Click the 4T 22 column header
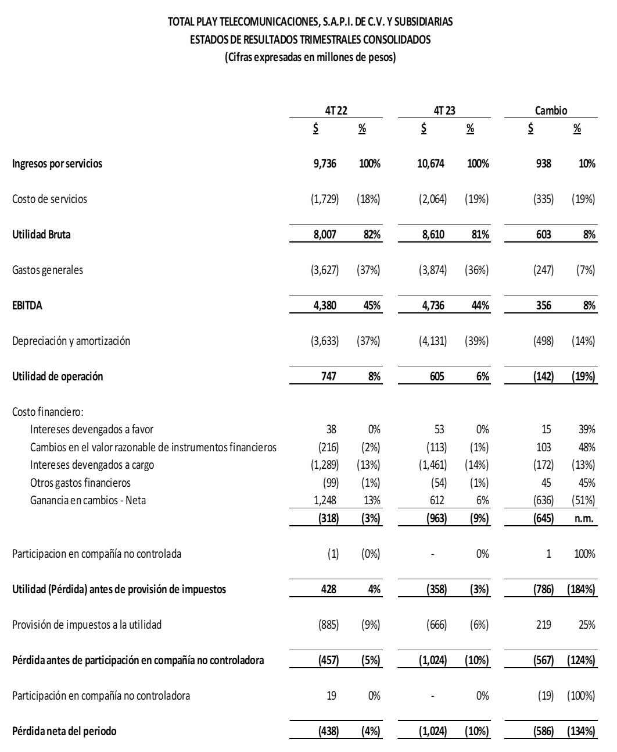pyautogui.click(x=336, y=111)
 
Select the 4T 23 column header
pyautogui.click(x=444, y=111)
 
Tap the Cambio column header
pyautogui.click(x=551, y=111)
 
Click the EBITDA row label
pyautogui.click(x=27, y=305)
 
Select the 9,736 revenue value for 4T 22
pyautogui.click(x=325, y=163)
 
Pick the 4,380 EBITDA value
pyautogui.click(x=325, y=305)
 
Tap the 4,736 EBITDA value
pyautogui.click(x=433, y=305)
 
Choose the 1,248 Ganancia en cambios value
pyautogui.click(x=325, y=500)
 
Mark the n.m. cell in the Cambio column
pyautogui.click(x=584, y=519)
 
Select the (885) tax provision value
pyautogui.click(x=327, y=625)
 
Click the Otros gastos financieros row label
pyautogui.click(x=80, y=482)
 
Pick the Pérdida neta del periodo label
pyautogui.click(x=64, y=731)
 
